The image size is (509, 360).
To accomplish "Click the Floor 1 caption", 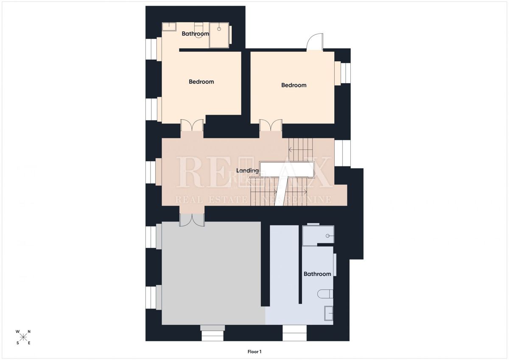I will click(x=255, y=352).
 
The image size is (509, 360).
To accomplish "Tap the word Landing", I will click(x=248, y=171).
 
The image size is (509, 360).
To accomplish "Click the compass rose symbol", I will click(x=23, y=337).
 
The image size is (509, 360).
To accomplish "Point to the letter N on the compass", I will click(x=29, y=332).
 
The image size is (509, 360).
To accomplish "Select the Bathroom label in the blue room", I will click(x=317, y=274).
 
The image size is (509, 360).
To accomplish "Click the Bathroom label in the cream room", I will click(x=195, y=34).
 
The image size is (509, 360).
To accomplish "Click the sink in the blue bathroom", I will click(x=328, y=313).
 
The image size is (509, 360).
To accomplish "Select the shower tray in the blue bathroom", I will click(x=318, y=235).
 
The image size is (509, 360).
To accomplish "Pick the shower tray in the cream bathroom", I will click(x=220, y=36).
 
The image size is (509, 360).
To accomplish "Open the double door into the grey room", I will click(x=192, y=219).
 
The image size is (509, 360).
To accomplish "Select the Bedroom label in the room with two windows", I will click(x=201, y=82).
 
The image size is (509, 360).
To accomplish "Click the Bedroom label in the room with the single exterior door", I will click(x=294, y=85).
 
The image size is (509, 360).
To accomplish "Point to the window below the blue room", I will click(x=294, y=333).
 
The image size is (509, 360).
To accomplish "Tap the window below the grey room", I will click(x=212, y=333).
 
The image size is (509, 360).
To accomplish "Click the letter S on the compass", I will click(x=18, y=343).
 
